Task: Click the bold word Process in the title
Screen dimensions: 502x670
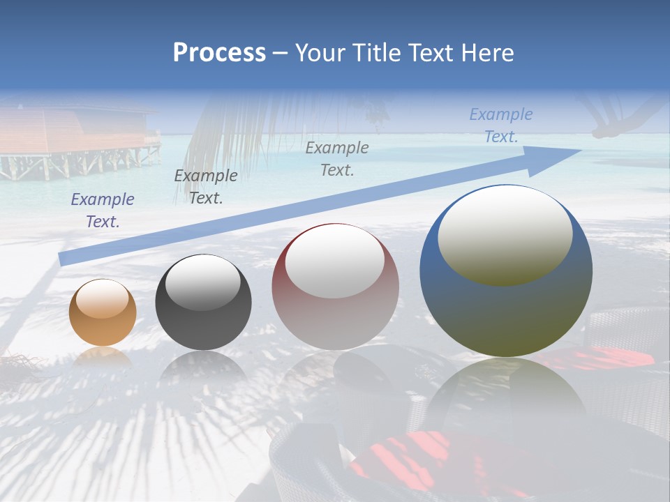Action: point(219,53)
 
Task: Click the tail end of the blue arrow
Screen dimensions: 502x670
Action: point(64,259)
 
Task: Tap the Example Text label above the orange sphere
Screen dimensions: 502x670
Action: point(103,211)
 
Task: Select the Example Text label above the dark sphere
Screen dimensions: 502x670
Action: point(206,187)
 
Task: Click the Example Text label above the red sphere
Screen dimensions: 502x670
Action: point(337,159)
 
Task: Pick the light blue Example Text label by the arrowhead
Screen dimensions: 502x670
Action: point(501,125)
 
